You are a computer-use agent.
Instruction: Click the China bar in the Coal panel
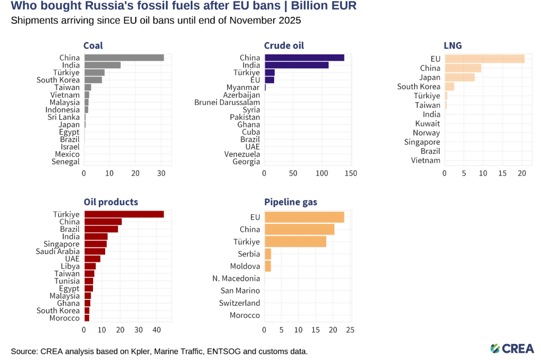point(124,58)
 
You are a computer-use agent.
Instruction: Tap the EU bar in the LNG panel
point(484,59)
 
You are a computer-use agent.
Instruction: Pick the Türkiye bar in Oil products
point(124,214)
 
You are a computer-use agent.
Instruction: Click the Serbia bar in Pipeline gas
point(267,254)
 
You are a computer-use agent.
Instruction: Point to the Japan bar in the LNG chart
point(460,78)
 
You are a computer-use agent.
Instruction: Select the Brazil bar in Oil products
point(101,229)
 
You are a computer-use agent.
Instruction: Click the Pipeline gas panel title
point(291,202)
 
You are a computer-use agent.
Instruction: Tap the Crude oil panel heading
point(284,45)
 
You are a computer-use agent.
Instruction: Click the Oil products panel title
point(111,202)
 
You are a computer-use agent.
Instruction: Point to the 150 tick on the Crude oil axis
point(351,173)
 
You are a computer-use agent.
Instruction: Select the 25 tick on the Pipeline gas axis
point(350,330)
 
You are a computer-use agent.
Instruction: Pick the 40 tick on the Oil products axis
point(156,330)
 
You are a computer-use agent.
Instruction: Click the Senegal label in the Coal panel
point(66,162)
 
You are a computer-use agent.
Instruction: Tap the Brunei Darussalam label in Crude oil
point(227,102)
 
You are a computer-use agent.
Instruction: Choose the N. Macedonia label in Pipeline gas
point(236,278)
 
